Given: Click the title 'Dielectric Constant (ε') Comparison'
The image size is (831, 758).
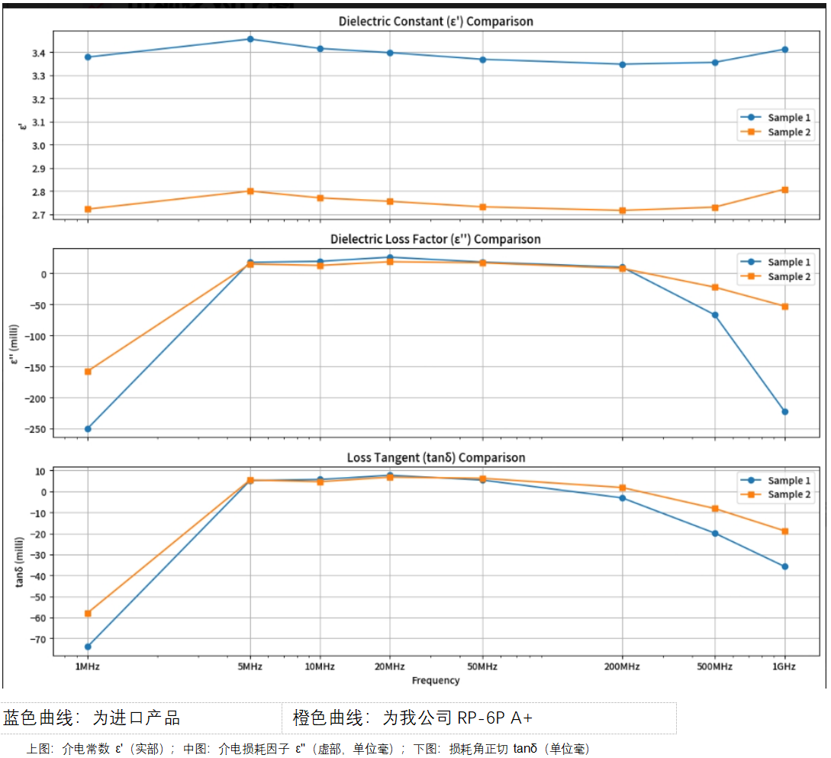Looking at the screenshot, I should click(x=436, y=21).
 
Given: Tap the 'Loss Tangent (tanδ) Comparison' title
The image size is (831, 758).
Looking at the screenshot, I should click(x=436, y=457).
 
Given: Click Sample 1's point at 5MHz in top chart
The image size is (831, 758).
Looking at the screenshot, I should click(x=250, y=39).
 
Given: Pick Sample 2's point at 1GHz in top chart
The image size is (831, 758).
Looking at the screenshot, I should click(x=784, y=189).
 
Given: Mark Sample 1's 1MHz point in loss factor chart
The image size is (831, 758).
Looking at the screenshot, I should click(x=88, y=429).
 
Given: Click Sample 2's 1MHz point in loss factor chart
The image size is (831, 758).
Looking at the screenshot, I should click(x=88, y=372).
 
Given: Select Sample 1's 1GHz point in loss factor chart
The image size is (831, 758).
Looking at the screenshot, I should click(x=784, y=411).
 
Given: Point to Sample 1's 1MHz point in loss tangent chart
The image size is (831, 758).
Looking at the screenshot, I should click(x=88, y=647).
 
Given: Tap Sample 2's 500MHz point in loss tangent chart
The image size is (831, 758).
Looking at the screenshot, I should click(x=715, y=508).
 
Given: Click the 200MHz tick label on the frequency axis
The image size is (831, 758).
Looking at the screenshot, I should click(x=621, y=666).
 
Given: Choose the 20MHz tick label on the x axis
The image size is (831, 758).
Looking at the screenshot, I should click(x=389, y=666).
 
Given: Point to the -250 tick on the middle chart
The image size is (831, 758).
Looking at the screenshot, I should click(x=34, y=429).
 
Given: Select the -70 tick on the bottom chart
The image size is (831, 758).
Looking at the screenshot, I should click(x=37, y=638).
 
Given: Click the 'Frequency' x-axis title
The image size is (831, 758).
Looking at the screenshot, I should click(x=436, y=680).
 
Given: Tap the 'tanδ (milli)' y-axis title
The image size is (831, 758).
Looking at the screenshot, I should click(x=20, y=561).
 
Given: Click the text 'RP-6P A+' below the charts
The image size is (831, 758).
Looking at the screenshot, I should click(x=495, y=718).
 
